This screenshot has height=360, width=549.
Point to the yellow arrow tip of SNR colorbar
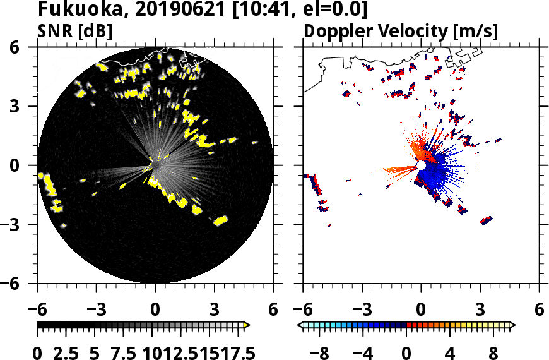tap(247, 325)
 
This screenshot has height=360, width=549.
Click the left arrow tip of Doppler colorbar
tap(300, 325)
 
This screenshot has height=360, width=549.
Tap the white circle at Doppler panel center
tap(421, 165)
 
